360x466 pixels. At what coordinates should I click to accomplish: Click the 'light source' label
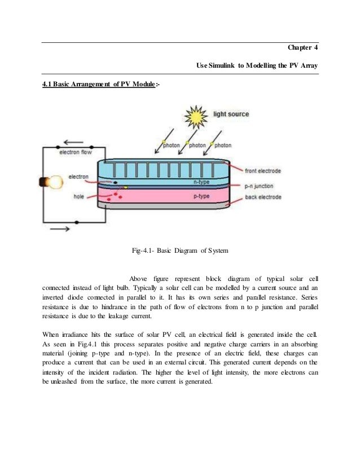(231, 115)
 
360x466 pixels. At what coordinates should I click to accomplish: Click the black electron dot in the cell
(115, 183)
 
